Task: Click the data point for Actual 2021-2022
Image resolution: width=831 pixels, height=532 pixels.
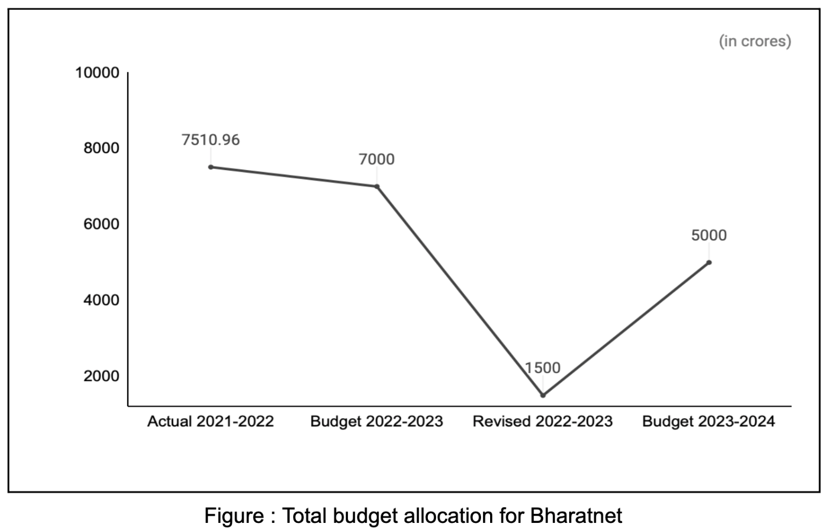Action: (211, 167)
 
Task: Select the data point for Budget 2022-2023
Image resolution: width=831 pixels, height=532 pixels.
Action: (377, 187)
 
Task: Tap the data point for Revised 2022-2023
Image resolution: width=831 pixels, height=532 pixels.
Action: (543, 395)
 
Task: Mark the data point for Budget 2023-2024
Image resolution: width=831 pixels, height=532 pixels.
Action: (709, 262)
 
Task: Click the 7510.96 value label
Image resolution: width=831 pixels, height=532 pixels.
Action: (210, 140)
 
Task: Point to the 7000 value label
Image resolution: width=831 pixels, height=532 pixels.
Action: (376, 159)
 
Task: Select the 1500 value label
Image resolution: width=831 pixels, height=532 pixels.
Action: (542, 368)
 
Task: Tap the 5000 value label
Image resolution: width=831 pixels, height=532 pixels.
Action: (709, 235)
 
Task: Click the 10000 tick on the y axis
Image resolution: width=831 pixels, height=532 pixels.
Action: (97, 72)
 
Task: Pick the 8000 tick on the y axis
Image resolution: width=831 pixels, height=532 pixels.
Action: (101, 148)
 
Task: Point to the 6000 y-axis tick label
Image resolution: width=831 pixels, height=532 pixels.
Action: (101, 224)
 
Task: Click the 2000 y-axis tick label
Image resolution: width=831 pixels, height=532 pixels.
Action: (101, 376)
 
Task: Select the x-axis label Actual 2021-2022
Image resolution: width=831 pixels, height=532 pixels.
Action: (210, 422)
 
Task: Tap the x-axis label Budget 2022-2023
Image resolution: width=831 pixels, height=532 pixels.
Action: (376, 422)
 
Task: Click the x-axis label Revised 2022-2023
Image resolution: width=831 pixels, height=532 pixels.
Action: (542, 422)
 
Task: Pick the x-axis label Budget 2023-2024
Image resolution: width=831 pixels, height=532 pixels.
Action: (709, 422)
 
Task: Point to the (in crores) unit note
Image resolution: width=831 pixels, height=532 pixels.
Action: (755, 41)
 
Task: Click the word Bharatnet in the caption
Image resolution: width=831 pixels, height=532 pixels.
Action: (576, 516)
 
